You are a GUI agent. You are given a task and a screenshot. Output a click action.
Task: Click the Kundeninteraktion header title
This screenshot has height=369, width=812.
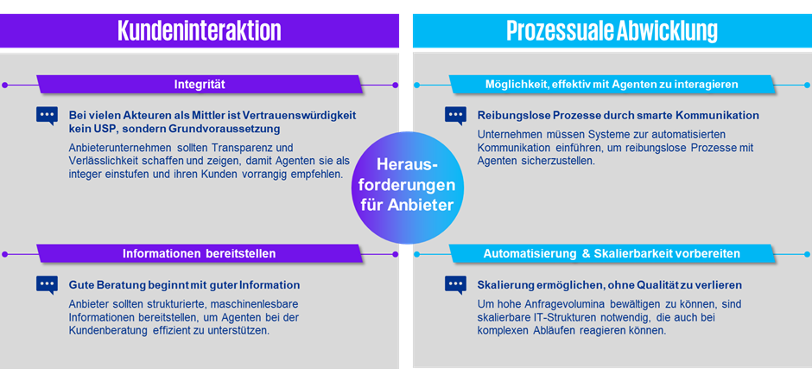click(x=200, y=30)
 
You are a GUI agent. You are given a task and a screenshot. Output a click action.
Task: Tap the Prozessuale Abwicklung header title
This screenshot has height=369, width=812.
click(x=612, y=30)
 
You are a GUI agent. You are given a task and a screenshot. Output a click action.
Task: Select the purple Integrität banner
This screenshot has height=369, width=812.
click(x=200, y=85)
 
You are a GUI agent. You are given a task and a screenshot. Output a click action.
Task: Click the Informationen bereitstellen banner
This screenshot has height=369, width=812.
click(x=200, y=253)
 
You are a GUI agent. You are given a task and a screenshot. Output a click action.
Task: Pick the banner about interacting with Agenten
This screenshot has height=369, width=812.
click(x=612, y=85)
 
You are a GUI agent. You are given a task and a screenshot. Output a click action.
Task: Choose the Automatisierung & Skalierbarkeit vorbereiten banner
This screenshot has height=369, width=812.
click(x=612, y=253)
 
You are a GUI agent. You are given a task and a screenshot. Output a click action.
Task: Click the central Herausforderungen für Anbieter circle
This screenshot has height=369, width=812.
click(x=407, y=187)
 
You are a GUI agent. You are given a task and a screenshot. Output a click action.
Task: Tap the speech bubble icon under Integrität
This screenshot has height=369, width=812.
click(x=48, y=116)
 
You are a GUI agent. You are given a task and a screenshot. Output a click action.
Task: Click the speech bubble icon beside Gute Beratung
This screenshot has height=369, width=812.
click(x=48, y=285)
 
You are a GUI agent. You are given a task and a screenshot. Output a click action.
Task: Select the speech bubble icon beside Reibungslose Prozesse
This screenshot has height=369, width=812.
click(x=456, y=116)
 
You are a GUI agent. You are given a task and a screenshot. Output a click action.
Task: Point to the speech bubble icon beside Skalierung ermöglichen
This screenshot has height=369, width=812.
click(x=456, y=285)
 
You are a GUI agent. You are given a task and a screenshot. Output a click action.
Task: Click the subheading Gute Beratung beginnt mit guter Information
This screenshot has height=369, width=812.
click(x=184, y=285)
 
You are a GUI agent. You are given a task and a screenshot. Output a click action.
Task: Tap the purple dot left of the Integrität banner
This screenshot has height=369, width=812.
click(x=4, y=85)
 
